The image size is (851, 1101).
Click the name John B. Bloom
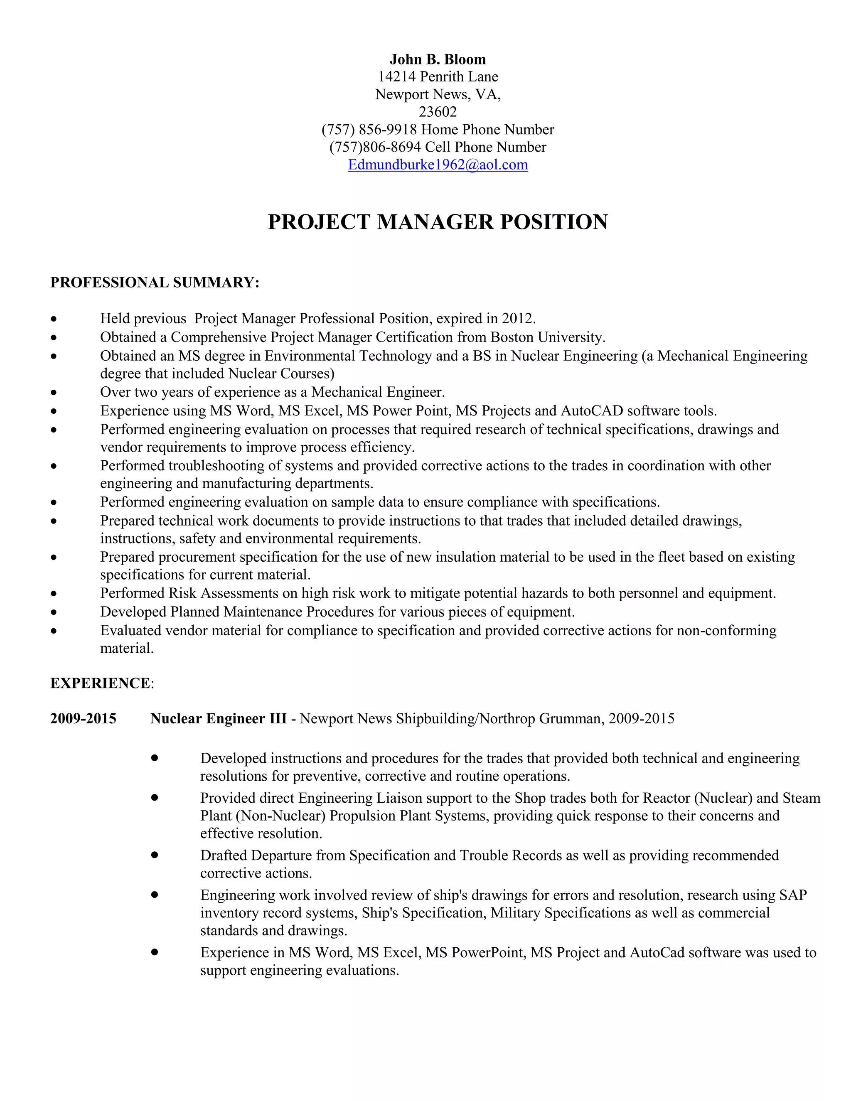point(438,59)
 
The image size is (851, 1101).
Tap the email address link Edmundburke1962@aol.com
point(438,165)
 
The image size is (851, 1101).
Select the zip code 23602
point(438,112)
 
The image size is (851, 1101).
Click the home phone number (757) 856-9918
point(369,130)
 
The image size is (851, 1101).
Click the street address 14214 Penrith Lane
point(438,76)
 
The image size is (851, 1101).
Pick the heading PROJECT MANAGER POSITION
point(438,222)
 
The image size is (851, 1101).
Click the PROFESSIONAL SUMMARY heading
point(155,282)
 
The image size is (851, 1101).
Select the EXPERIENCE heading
point(100,683)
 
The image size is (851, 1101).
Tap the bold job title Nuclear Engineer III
point(218,718)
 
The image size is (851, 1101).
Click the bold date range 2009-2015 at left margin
point(83,718)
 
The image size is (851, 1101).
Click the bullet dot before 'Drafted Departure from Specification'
point(155,855)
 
